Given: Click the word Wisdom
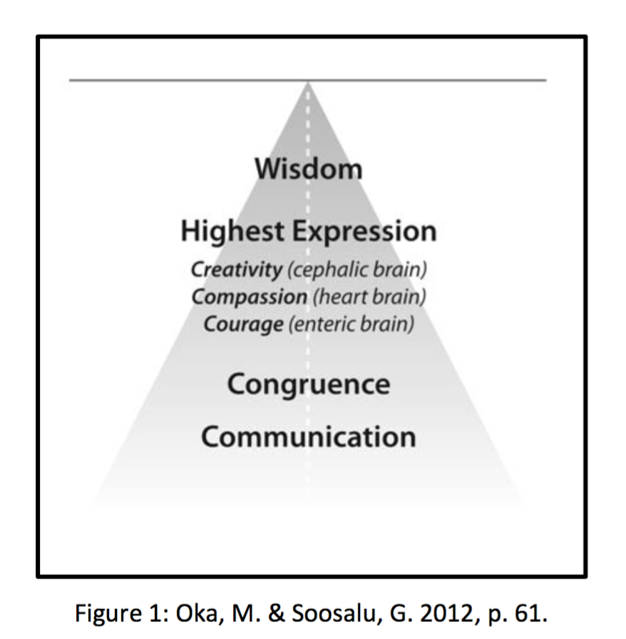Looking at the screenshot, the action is [x=309, y=170].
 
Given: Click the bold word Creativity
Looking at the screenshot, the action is [x=236, y=271].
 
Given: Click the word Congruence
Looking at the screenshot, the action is [x=309, y=384].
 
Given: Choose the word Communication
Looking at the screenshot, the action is [x=309, y=436].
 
